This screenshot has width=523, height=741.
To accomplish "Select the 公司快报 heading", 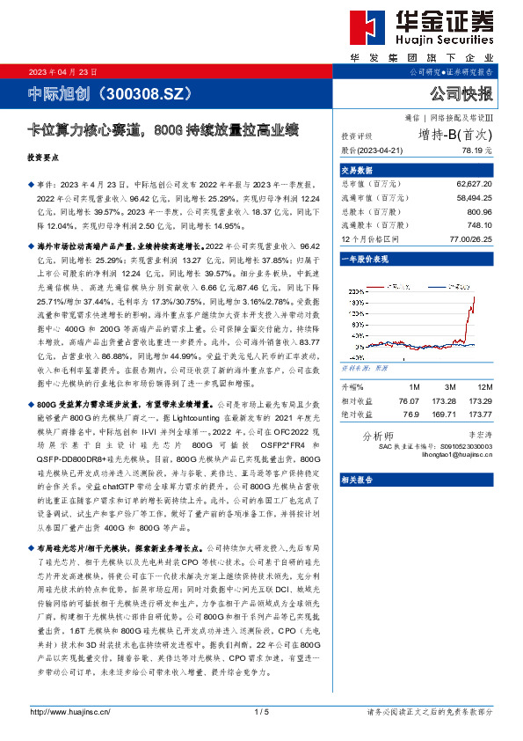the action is [x=461, y=93].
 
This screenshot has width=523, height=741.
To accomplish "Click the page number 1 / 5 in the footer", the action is [x=261, y=711].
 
